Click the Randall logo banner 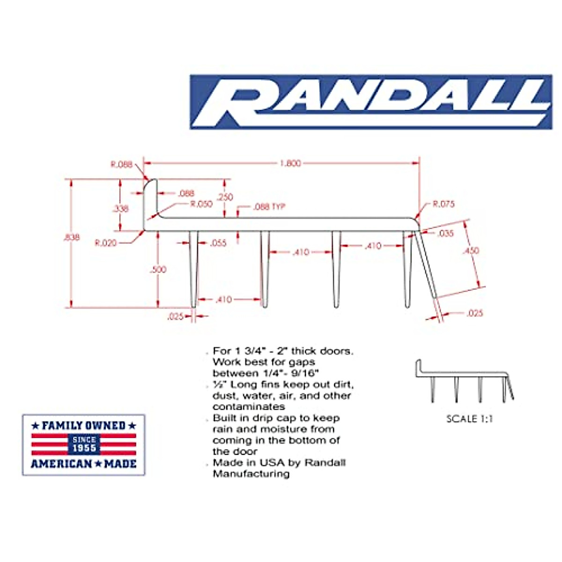(370, 102)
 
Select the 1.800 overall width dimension (290, 163)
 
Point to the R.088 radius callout (121, 164)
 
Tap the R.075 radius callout (443, 204)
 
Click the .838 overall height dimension (71, 237)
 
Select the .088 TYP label (269, 207)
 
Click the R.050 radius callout (201, 204)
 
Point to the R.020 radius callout (105, 243)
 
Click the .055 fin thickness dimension (218, 243)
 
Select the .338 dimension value (120, 208)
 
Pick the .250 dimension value (225, 197)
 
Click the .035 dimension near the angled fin (445, 233)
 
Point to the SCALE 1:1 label (469, 419)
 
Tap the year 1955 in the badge (84, 448)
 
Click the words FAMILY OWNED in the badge (84, 426)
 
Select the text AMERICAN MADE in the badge (84, 464)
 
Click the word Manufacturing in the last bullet (251, 474)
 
